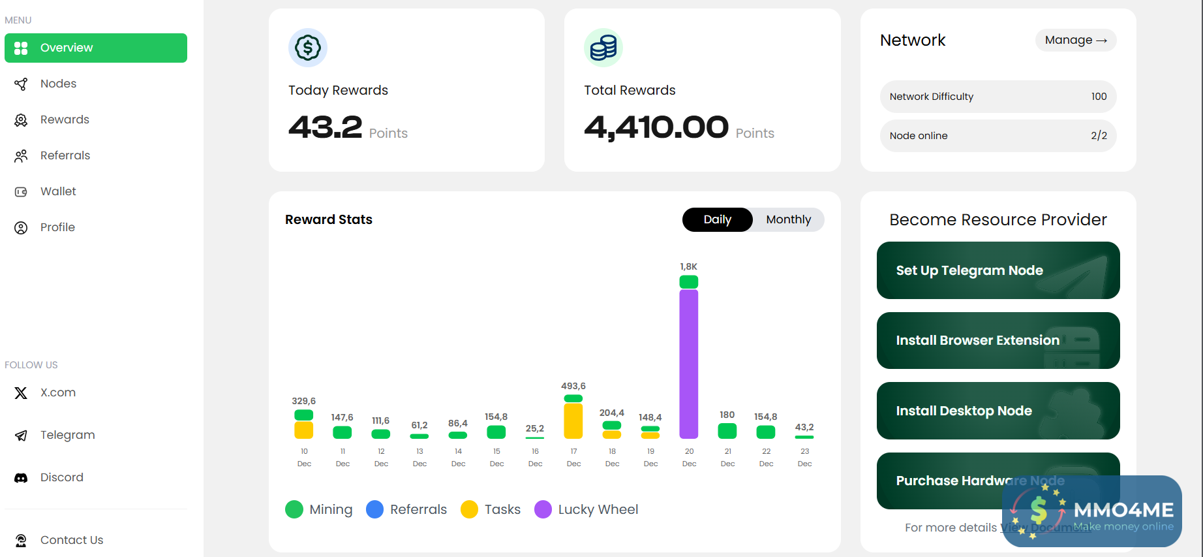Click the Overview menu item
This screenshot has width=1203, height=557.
pyautogui.click(x=95, y=48)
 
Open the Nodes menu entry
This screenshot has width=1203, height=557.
pyautogui.click(x=58, y=84)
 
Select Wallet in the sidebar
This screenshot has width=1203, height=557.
pyautogui.click(x=58, y=191)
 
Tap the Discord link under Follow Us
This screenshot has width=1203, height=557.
pyautogui.click(x=61, y=477)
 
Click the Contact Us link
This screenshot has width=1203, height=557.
pyautogui.click(x=71, y=540)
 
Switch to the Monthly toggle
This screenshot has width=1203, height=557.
pyautogui.click(x=788, y=219)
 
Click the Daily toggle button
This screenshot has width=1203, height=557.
pyautogui.click(x=717, y=219)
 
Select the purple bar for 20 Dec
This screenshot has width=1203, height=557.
pyautogui.click(x=689, y=364)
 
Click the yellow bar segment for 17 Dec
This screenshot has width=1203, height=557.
pyautogui.click(x=573, y=421)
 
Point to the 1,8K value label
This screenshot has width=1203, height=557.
pyautogui.click(x=689, y=266)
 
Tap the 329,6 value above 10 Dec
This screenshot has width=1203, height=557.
pyautogui.click(x=304, y=401)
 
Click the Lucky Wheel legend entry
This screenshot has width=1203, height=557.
pyautogui.click(x=586, y=509)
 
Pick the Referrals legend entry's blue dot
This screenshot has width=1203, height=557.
pyautogui.click(x=375, y=509)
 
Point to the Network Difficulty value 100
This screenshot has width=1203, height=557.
pyautogui.click(x=1099, y=97)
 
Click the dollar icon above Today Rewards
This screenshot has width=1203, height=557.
pyautogui.click(x=308, y=48)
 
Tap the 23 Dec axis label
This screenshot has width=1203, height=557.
pyautogui.click(x=805, y=457)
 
